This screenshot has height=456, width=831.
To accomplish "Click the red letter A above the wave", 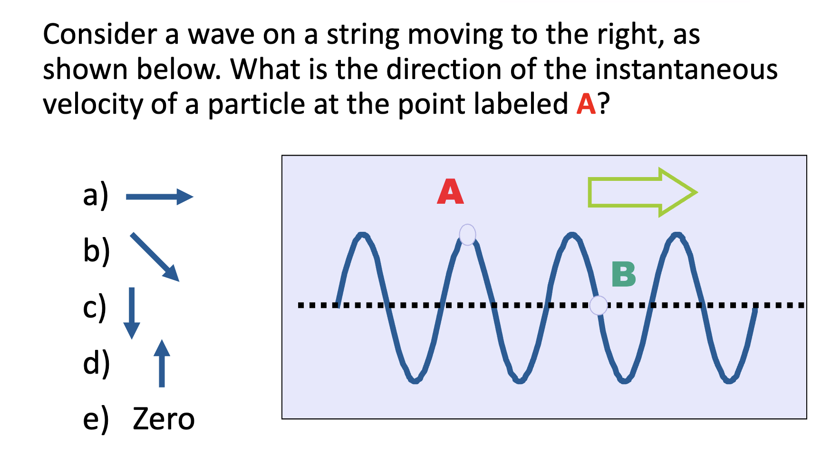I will click(450, 192).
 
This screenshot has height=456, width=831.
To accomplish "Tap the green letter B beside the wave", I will click(624, 274).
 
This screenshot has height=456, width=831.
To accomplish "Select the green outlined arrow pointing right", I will click(642, 192).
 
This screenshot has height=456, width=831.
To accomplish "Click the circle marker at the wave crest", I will click(467, 235).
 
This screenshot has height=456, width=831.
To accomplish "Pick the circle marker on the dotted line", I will click(599, 305).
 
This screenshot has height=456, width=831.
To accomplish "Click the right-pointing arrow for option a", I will click(159, 197).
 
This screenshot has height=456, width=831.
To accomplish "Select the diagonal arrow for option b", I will click(155, 257).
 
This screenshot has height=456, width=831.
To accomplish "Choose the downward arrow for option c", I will click(132, 313).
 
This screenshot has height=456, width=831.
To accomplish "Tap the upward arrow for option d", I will click(162, 363).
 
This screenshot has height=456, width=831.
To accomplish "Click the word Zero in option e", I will click(164, 419).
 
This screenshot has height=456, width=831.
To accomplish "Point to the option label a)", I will click(96, 195).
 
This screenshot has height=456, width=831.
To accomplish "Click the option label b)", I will click(96, 251).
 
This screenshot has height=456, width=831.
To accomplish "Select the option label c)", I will click(95, 307).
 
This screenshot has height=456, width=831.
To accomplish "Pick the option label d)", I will click(96, 363).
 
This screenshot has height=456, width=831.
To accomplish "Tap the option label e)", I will click(96, 419).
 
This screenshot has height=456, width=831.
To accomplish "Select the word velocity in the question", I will click(93, 104).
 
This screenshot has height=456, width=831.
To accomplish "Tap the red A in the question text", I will click(586, 104).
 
